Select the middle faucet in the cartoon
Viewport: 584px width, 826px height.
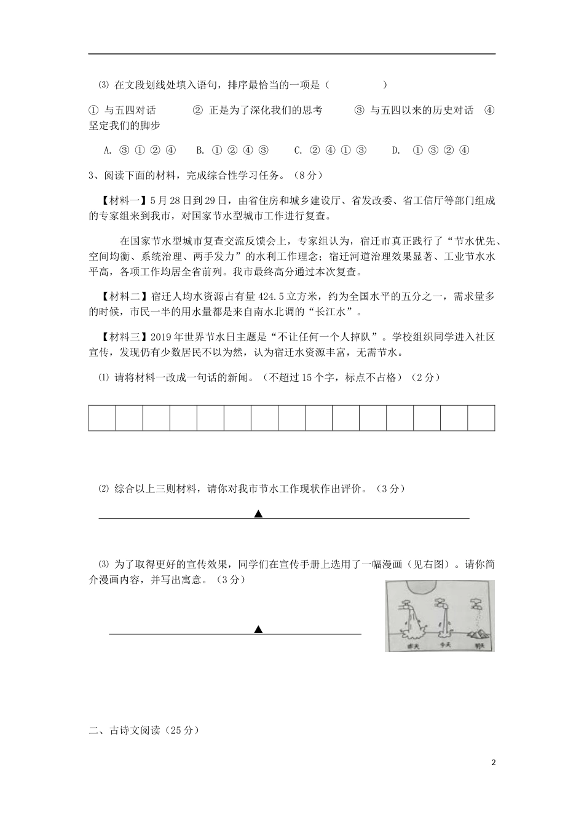click(440, 603)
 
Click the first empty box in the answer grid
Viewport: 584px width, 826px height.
click(102, 418)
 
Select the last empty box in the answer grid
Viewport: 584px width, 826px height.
click(481, 418)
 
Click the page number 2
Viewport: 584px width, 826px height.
click(493, 763)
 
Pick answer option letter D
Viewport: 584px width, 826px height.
click(396, 150)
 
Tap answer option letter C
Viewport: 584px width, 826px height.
click(298, 150)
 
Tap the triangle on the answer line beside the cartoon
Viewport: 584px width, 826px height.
click(259, 629)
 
